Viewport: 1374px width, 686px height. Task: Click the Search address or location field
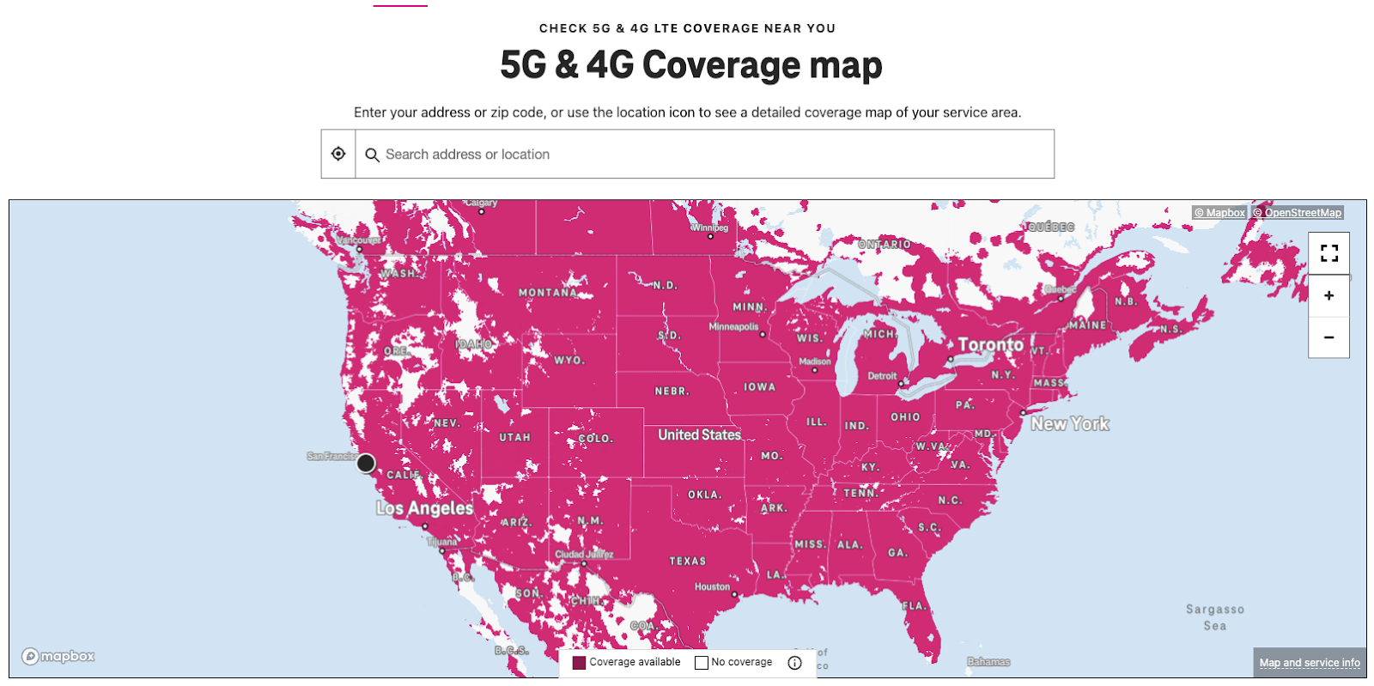704,155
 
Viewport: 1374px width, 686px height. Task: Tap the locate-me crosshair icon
338,154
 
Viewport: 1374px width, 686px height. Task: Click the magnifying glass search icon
372,155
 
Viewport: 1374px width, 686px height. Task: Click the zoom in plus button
1328,295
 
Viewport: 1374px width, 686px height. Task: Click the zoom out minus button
1328,337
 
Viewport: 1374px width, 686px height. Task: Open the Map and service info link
1309,663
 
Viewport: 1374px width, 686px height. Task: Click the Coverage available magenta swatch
579,663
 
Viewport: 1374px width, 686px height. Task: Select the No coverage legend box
702,663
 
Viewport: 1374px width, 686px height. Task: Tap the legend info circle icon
794,663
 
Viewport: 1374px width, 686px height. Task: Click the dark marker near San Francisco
366,463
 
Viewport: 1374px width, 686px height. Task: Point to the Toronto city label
990,345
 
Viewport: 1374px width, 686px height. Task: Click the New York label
1069,424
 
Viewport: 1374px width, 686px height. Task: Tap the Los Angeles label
424,508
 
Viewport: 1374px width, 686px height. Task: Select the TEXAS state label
688,562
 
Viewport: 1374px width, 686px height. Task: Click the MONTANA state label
548,293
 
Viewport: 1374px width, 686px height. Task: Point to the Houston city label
712,587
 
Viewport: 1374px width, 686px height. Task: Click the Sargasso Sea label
1214,617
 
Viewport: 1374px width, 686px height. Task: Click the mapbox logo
58,657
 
